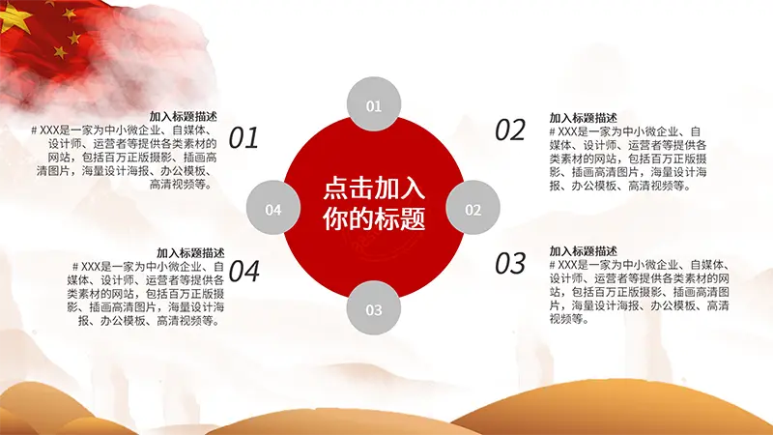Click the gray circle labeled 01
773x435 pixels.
[x=374, y=104]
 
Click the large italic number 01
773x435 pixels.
[x=243, y=138]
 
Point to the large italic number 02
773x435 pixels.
[x=510, y=130]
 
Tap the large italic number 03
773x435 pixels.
[x=510, y=263]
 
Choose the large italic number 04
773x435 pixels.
[x=244, y=271]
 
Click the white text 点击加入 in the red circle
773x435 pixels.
[x=374, y=188]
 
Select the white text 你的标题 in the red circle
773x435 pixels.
[x=374, y=217]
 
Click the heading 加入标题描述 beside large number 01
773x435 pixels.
[x=183, y=116]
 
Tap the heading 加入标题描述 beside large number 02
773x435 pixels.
[x=584, y=118]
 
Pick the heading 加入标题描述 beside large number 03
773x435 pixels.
[x=584, y=251]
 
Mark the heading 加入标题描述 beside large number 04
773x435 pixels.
[x=190, y=253]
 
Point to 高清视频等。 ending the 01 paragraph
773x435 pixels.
[x=182, y=185]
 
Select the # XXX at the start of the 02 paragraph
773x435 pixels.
[x=563, y=131]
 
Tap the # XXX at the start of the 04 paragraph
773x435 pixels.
[x=86, y=267]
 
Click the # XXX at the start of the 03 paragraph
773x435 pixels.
[x=563, y=265]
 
